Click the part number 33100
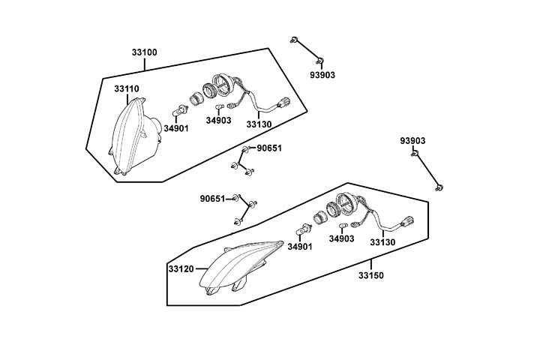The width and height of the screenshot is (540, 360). click(x=144, y=52)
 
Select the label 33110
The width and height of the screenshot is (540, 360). click(x=127, y=88)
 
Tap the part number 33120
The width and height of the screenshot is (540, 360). click(x=181, y=268)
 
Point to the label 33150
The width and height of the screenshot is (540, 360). click(x=370, y=275)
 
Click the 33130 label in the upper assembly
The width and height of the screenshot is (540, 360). click(x=259, y=124)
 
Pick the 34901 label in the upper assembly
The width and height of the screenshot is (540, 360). click(x=176, y=128)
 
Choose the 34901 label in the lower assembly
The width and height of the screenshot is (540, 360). click(x=300, y=247)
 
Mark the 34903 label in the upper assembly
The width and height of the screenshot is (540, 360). click(x=218, y=120)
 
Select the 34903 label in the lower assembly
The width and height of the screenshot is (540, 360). click(x=341, y=238)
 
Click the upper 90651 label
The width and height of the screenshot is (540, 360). click(x=269, y=148)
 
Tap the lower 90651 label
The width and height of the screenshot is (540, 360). click(x=213, y=199)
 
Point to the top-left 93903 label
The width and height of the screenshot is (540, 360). click(x=322, y=75)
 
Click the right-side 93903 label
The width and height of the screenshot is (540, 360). click(x=412, y=140)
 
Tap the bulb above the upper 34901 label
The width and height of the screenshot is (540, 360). click(x=178, y=112)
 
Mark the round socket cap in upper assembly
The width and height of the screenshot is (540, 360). click(x=222, y=84)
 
